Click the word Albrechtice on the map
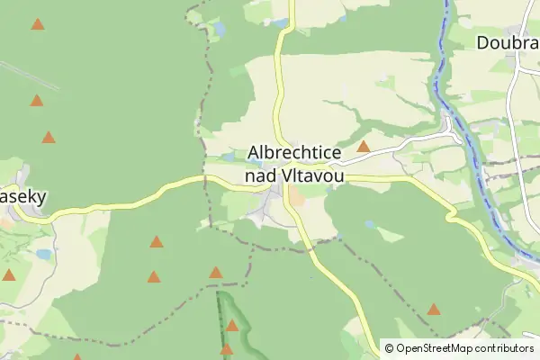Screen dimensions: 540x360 (293, 154)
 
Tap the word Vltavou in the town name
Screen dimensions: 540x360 (312, 176)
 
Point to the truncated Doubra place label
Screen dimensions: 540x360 (508, 42)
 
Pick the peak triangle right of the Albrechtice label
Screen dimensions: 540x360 (364, 146)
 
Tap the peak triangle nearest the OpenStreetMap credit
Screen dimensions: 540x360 (434, 310)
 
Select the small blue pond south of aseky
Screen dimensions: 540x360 (44, 255)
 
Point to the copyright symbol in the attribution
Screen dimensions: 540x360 (390, 347)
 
